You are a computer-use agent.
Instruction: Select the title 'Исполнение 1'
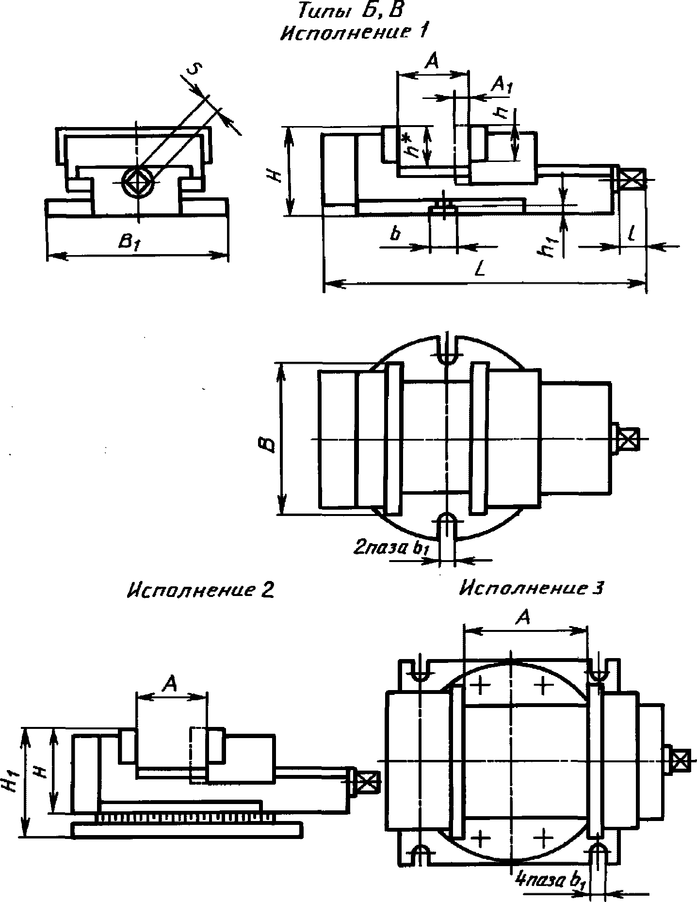click(x=355, y=32)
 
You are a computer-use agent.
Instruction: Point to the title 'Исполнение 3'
click(x=532, y=588)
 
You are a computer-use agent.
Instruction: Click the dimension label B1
click(x=130, y=243)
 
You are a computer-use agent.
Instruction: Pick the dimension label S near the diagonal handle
click(x=193, y=69)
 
